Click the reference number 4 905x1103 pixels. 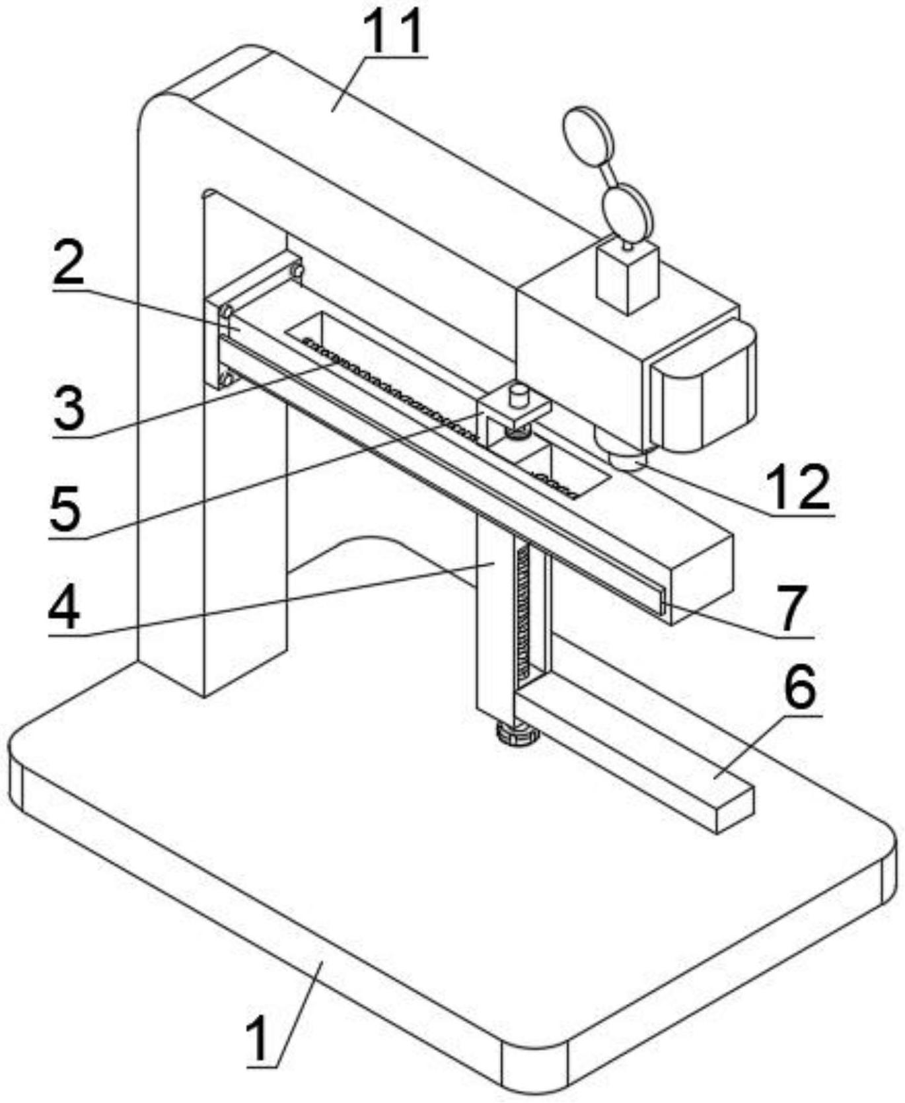point(64,606)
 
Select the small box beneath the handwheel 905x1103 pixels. point(628,277)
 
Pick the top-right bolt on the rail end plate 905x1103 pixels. point(297,270)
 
